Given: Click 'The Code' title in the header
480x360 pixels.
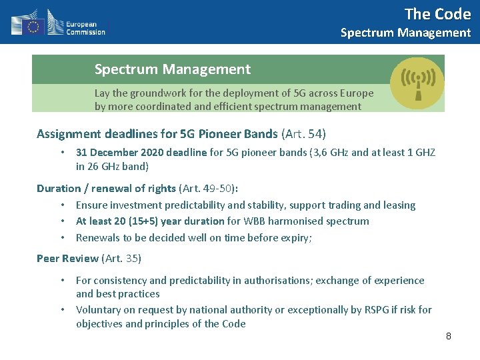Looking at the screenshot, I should (437, 14).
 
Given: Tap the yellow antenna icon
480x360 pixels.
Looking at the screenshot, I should (417, 83).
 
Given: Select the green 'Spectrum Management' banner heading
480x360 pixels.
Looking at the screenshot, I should (172, 69).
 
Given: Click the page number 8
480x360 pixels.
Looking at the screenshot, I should (449, 336).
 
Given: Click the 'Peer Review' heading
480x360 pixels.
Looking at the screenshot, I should (67, 258).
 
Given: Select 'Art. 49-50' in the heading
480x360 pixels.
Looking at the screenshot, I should (207, 188).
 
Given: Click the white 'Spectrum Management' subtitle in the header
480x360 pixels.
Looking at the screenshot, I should (405, 33).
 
